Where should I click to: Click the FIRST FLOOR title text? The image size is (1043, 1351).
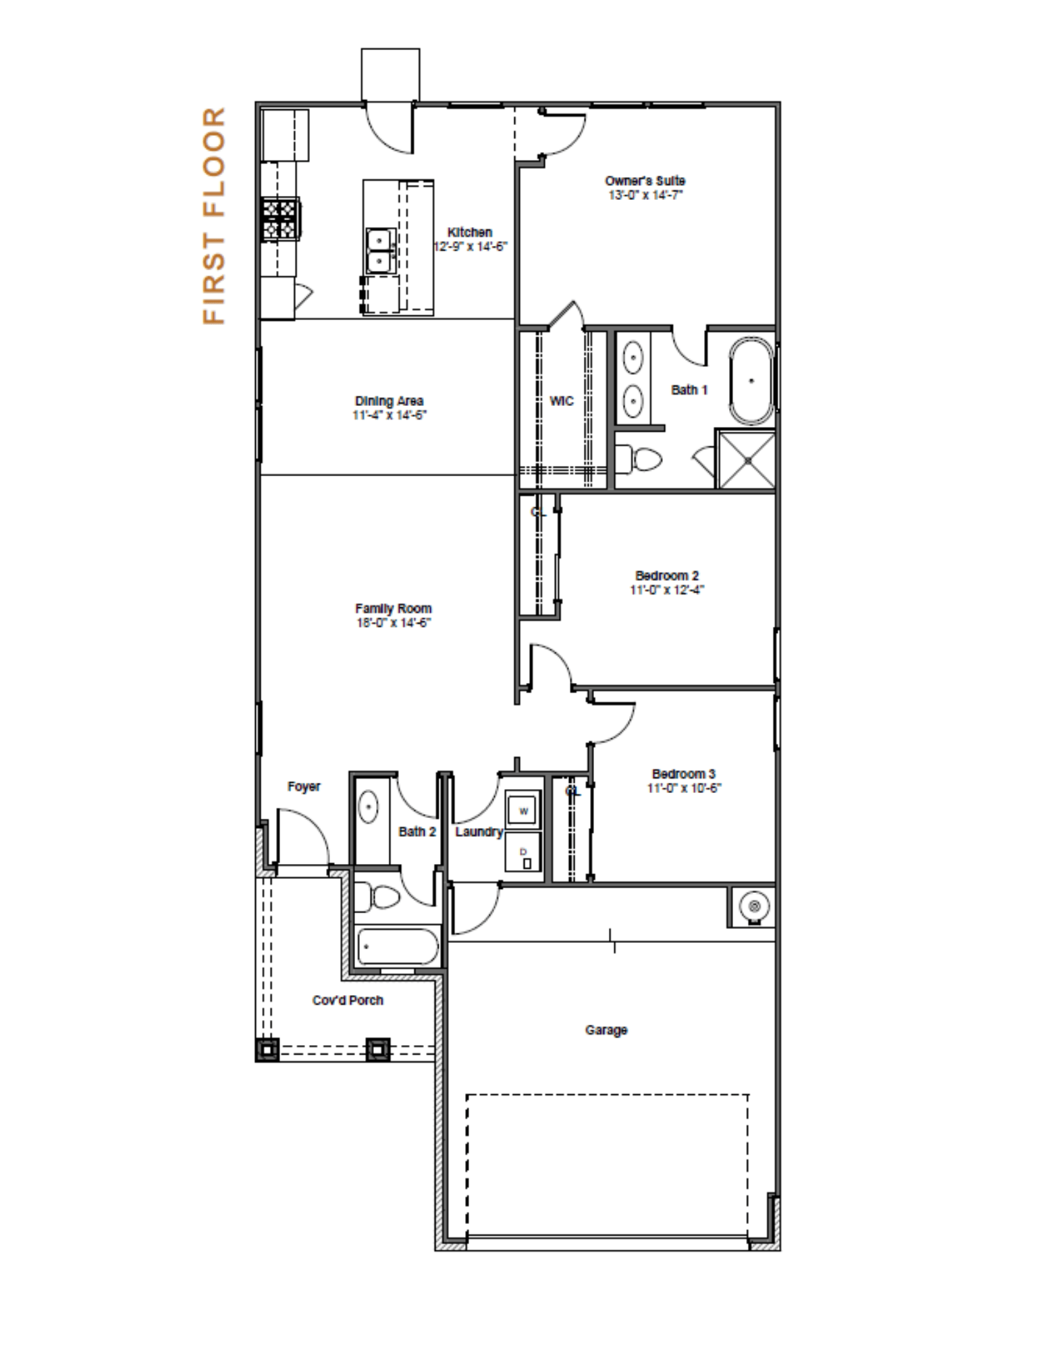pyautogui.click(x=213, y=215)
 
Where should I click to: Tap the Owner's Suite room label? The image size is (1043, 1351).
pyautogui.click(x=645, y=181)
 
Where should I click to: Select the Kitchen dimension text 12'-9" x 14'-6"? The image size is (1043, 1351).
pyautogui.click(x=470, y=247)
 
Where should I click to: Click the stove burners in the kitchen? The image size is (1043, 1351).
pyautogui.click(x=280, y=218)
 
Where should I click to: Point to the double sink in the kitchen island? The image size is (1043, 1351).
pyautogui.click(x=380, y=251)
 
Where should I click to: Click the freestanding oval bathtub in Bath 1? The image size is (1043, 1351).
pyautogui.click(x=751, y=381)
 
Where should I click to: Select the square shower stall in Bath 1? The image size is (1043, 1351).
pyautogui.click(x=745, y=459)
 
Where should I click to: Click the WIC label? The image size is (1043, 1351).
pyautogui.click(x=562, y=401)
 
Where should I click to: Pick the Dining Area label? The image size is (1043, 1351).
pyautogui.click(x=389, y=401)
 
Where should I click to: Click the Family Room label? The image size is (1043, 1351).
pyautogui.click(x=393, y=609)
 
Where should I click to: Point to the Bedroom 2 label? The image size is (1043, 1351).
pyautogui.click(x=667, y=576)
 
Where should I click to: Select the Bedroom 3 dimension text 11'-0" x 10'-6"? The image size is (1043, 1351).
pyautogui.click(x=684, y=788)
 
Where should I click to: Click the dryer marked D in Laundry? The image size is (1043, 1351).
pyautogui.click(x=524, y=851)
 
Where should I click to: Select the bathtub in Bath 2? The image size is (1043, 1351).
pyautogui.click(x=397, y=946)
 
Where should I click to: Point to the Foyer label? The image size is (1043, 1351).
pyautogui.click(x=304, y=786)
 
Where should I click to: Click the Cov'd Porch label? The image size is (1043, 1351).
pyautogui.click(x=348, y=1000)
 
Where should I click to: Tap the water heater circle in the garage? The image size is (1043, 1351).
pyautogui.click(x=754, y=906)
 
